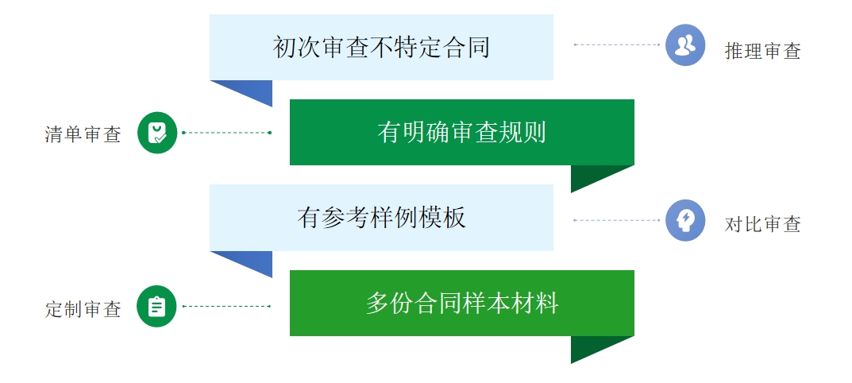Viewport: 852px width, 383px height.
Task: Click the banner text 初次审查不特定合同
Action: pyautogui.click(x=381, y=48)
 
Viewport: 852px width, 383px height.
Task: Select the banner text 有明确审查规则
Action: pyautogui.click(x=461, y=132)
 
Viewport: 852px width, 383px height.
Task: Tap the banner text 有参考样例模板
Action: pyautogui.click(x=381, y=218)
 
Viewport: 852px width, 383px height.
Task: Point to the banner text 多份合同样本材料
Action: pyautogui.click(x=461, y=303)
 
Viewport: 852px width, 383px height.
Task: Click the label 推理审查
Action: pyautogui.click(x=762, y=51)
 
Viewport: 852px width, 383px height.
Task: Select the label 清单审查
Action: pyautogui.click(x=83, y=134)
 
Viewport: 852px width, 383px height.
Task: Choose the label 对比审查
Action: pyautogui.click(x=762, y=224)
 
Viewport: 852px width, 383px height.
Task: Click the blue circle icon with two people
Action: pyautogui.click(x=685, y=45)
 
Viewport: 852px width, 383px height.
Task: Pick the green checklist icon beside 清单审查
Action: pyautogui.click(x=157, y=133)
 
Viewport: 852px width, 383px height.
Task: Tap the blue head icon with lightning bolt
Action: pyautogui.click(x=685, y=220)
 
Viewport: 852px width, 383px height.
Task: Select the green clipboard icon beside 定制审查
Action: pyautogui.click(x=156, y=306)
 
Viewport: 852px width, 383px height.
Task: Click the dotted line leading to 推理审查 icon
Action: pyautogui.click(x=617, y=44)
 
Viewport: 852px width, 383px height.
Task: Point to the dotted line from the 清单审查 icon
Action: pyautogui.click(x=226, y=132)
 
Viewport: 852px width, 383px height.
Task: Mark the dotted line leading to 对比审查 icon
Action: pyautogui.click(x=617, y=220)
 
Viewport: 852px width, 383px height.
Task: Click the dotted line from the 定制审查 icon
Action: pyautogui.click(x=226, y=306)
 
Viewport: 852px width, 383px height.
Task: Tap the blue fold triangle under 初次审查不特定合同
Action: pyautogui.click(x=251, y=89)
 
